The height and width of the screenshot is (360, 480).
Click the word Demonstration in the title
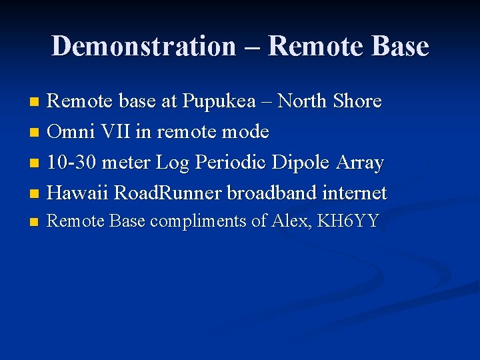[143, 47]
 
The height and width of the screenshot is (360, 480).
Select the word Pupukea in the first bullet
[219, 102]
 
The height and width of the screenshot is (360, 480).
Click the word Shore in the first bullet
[357, 101]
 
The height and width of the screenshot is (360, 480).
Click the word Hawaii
[79, 193]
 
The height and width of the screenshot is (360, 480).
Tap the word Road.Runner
[169, 193]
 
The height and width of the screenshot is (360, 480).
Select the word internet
[353, 193]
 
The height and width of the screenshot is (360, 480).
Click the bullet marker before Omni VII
[35, 133]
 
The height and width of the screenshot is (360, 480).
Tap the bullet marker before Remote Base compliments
[35, 223]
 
